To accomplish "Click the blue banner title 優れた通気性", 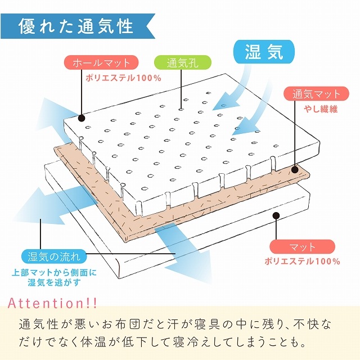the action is (76, 26).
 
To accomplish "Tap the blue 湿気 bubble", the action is (264, 52).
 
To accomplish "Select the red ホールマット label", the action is (101, 62).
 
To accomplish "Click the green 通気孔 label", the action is (182, 62).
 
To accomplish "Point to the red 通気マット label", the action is (316, 94).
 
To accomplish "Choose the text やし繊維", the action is (321, 109).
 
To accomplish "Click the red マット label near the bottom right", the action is (303, 247).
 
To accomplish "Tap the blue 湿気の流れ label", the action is (54, 256).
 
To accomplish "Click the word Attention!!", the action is (52, 303).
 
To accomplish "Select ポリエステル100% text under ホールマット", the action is (123, 78).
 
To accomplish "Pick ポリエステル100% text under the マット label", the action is (302, 261).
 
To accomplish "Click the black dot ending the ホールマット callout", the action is (82, 118).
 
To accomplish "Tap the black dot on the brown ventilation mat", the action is (295, 170).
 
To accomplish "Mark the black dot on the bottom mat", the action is (276, 215).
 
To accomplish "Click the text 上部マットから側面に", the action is (54, 273).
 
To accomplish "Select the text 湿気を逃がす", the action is (55, 282).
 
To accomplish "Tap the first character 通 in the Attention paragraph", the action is (25, 324).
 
